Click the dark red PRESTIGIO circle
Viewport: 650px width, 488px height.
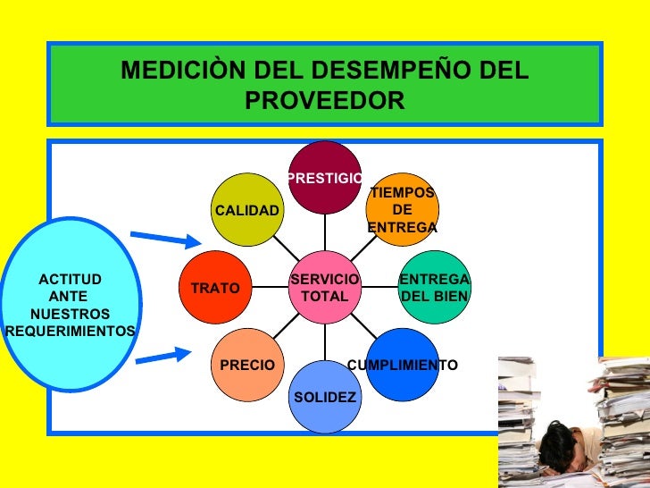[325, 177]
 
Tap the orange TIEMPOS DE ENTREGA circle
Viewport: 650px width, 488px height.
[403, 210]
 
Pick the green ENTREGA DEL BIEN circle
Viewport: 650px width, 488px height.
[434, 288]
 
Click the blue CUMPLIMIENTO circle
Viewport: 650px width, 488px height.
[402, 365]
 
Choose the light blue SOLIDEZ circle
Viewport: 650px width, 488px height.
[325, 397]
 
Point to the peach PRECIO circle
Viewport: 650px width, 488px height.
[247, 365]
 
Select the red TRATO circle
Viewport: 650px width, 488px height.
[215, 289]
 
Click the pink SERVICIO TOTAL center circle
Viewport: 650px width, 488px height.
[325, 288]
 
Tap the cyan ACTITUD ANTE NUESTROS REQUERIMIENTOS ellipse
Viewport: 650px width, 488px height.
[71, 305]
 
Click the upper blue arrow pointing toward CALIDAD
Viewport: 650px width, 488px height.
[165, 239]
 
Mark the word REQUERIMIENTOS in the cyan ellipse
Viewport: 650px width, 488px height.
[71, 332]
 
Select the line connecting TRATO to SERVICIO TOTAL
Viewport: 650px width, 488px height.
[270, 288]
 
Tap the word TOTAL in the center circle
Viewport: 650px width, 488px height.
[325, 296]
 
